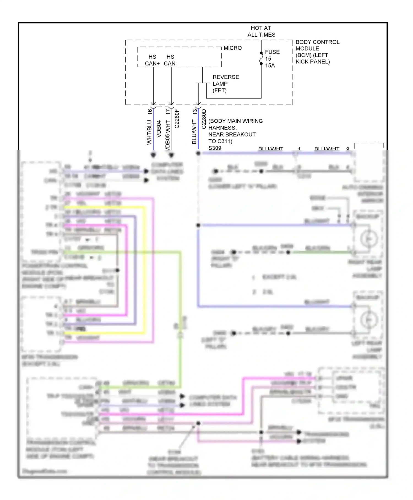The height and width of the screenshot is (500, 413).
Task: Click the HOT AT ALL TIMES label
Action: pos(261,31)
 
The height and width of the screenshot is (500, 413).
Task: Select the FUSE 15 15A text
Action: pos(272,59)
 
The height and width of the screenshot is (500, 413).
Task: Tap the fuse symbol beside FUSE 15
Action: pos(261,58)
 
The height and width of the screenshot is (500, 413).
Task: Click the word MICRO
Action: pos(232,48)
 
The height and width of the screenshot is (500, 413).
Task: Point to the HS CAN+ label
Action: pos(152,60)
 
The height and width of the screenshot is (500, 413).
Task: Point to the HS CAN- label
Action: pos(170,60)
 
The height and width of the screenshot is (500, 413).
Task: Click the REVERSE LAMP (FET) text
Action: pos(225,84)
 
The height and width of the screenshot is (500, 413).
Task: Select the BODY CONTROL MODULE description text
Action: pos(317,52)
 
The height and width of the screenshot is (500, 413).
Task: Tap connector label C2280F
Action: pos(177,119)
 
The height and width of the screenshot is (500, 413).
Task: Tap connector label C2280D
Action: pos(204,119)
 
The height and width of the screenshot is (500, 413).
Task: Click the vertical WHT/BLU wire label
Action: pos(149,132)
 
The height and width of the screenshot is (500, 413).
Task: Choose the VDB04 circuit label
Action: pos(159,128)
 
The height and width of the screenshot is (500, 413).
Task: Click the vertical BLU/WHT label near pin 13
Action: pos(194,132)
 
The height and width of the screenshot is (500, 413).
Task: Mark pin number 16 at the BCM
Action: pos(150,112)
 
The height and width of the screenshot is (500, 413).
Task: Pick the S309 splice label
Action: pos(215,148)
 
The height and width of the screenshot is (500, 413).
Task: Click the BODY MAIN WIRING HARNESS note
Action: pos(235,131)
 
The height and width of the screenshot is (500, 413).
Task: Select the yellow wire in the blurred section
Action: pos(144,270)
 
